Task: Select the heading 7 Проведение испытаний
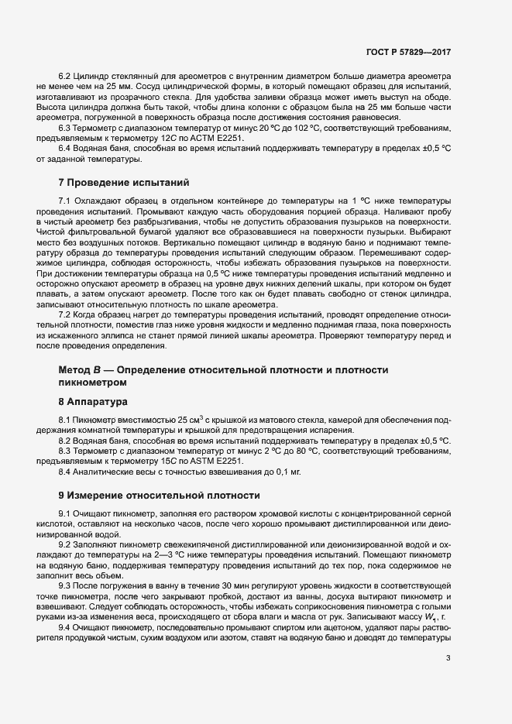tap(124, 184)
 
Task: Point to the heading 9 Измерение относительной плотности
tap(160, 494)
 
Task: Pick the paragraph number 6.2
tap(65, 77)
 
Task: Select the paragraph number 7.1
tap(65, 201)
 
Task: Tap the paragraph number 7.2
tap(65, 315)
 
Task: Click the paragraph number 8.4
tap(65, 472)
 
